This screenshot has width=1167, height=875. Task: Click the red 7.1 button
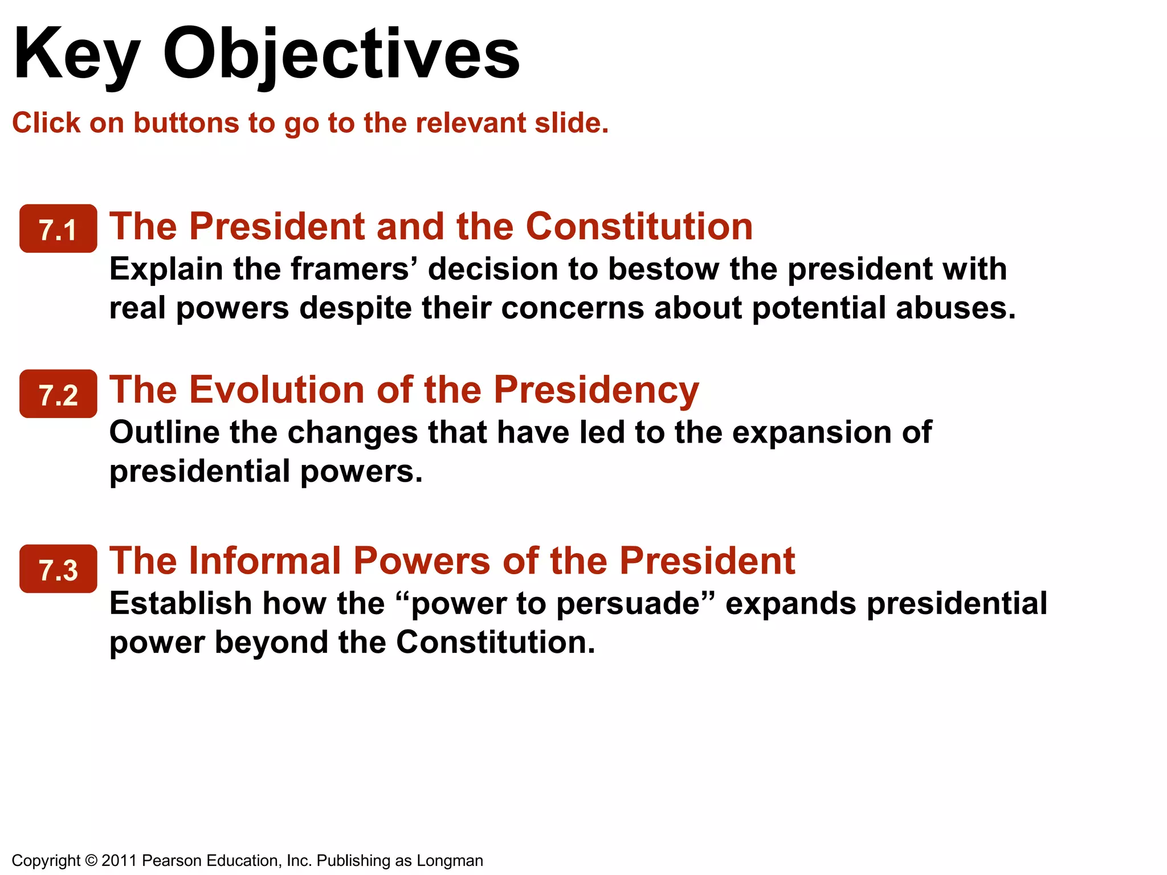(x=58, y=228)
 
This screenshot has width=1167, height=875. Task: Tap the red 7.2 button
(x=58, y=394)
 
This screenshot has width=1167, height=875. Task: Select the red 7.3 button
(x=58, y=569)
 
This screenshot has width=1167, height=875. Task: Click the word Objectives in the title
(x=341, y=54)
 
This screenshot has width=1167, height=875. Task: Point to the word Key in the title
(x=76, y=54)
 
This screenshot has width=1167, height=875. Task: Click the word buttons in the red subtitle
(x=186, y=123)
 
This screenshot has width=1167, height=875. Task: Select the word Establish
(x=180, y=603)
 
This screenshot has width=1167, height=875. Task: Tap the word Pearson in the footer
(x=172, y=860)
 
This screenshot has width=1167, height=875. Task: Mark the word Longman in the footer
(x=450, y=860)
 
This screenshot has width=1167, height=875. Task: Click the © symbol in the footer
(x=91, y=860)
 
